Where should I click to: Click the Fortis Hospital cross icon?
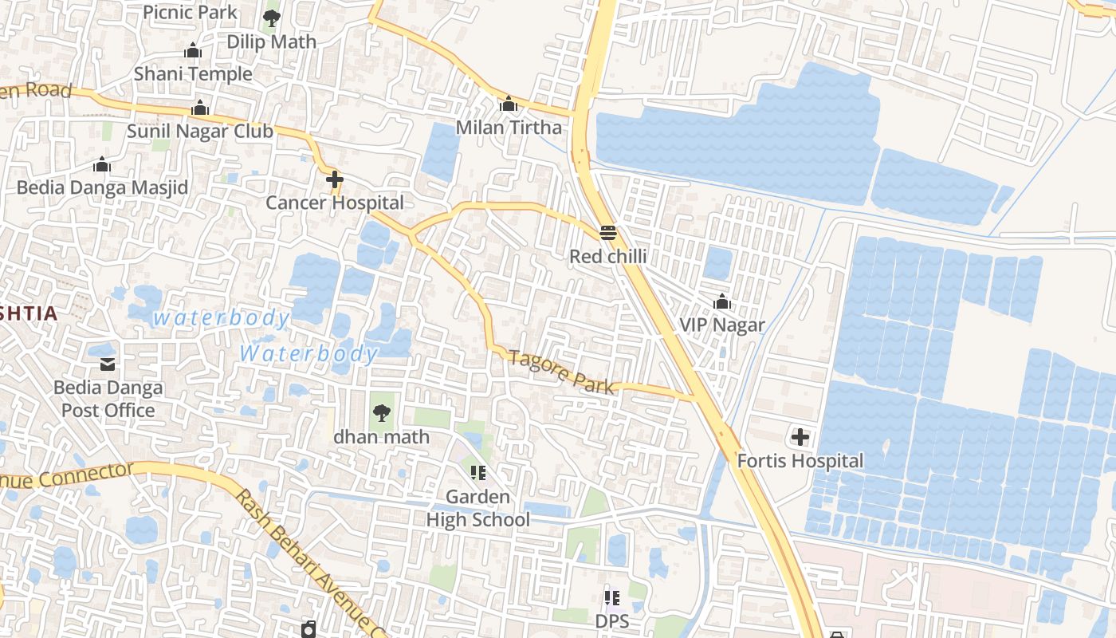click(x=800, y=437)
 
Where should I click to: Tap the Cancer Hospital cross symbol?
click(x=334, y=179)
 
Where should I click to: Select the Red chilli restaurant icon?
click(x=607, y=233)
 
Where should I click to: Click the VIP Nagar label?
click(x=721, y=325)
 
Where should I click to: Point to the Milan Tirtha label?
click(x=509, y=128)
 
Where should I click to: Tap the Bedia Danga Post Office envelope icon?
click(x=108, y=364)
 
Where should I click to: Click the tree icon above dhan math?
click(x=381, y=413)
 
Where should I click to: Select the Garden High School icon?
click(x=477, y=473)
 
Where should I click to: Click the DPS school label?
click(x=611, y=620)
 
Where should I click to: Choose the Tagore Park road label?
click(x=561, y=372)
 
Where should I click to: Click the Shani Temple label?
click(x=193, y=74)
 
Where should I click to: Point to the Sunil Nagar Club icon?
click(x=200, y=108)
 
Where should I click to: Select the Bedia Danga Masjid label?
click(x=102, y=188)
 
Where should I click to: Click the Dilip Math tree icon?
click(x=272, y=18)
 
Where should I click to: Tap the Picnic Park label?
click(x=190, y=12)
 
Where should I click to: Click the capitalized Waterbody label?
click(x=308, y=353)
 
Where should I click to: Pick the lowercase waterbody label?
click(x=221, y=318)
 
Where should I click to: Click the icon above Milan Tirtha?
click(x=509, y=104)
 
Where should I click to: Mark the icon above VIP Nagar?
click(x=721, y=301)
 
